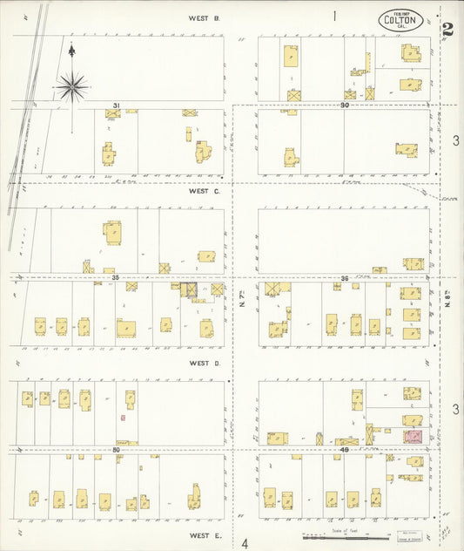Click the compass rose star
[x=72, y=85]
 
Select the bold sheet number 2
[x=447, y=29]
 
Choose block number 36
[x=345, y=278]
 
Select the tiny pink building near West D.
[x=123, y=418]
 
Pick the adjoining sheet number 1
[x=334, y=16]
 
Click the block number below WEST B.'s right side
[x=345, y=105]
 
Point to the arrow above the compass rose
[x=71, y=51]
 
